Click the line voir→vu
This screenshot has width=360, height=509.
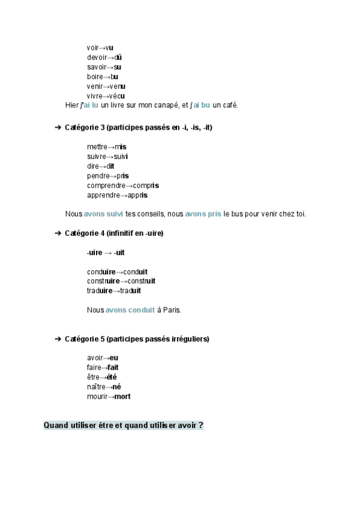[x=100, y=47]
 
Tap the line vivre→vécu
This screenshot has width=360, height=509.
[x=106, y=96]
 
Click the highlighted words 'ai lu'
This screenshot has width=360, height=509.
[x=90, y=106]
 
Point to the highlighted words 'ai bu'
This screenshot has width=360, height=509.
[x=201, y=106]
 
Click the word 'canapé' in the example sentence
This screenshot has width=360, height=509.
[x=167, y=106]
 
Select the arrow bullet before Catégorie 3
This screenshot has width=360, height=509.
[x=58, y=128]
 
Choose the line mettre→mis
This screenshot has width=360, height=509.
[x=106, y=147]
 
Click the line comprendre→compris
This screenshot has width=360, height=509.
[x=122, y=185]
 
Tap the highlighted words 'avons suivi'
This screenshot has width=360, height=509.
[x=103, y=214]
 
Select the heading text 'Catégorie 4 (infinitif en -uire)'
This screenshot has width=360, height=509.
[x=114, y=233]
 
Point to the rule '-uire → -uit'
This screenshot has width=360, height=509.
[x=106, y=253]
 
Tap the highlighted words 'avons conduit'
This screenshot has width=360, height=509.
[x=130, y=310]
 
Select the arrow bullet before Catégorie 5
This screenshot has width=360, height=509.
[x=58, y=339]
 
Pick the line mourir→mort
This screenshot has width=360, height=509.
[x=109, y=397]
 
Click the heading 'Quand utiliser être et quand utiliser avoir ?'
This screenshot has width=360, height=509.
[x=123, y=426]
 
